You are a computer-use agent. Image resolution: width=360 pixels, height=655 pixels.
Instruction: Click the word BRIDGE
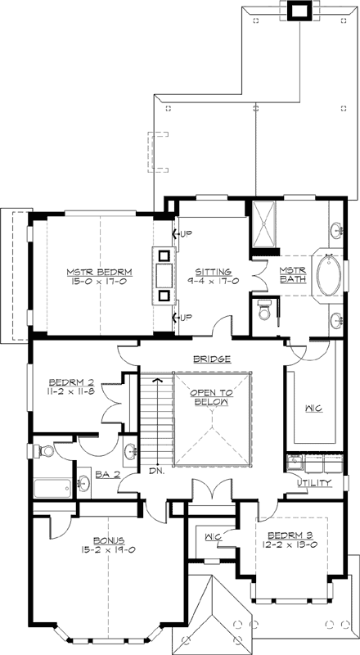pos(211,359)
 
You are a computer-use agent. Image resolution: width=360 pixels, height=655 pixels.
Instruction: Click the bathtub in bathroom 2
pos(54,489)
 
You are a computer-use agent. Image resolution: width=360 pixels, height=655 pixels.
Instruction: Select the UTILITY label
pos(314,483)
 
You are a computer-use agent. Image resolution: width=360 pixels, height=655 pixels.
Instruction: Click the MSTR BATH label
pos(293,276)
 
